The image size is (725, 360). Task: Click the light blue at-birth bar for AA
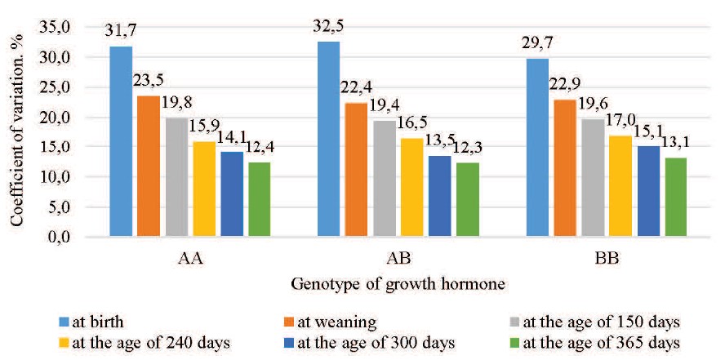[121, 142]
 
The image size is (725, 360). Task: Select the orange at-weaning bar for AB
[356, 170]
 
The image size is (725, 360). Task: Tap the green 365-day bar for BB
[675, 198]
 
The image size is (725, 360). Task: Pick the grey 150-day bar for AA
[176, 178]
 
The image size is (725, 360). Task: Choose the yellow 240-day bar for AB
[412, 188]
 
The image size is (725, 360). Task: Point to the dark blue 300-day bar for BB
[648, 192]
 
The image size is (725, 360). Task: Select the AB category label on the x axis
[398, 259]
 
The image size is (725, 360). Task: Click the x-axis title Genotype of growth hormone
[398, 284]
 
